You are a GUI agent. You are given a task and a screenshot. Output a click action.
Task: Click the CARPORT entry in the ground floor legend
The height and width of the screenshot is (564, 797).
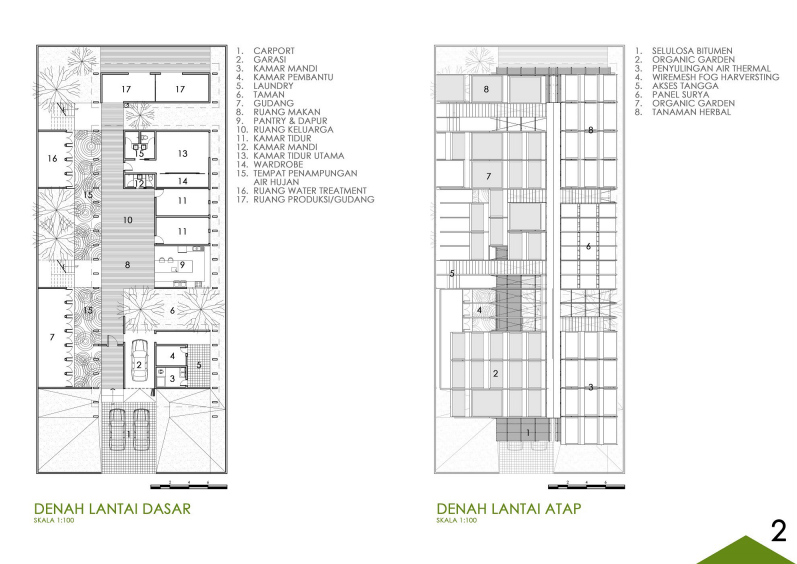(x=274, y=51)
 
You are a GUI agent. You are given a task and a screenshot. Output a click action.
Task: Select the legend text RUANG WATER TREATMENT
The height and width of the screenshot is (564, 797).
(x=310, y=191)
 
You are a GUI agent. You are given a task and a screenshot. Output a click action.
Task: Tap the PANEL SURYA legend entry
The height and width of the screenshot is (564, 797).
(x=681, y=95)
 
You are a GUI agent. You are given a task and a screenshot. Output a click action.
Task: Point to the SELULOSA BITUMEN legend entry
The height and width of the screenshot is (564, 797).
(x=692, y=51)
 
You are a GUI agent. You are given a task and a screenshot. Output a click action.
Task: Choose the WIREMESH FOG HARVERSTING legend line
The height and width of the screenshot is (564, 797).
(x=716, y=77)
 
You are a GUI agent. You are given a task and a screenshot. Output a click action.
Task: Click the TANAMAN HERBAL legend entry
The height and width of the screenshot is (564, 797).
(x=691, y=112)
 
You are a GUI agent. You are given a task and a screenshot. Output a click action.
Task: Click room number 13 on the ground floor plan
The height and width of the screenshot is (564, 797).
(x=183, y=153)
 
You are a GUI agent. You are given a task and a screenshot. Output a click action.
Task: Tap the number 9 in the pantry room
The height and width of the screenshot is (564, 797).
(x=182, y=265)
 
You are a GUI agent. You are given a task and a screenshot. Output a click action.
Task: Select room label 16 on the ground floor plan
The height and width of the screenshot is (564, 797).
(x=52, y=159)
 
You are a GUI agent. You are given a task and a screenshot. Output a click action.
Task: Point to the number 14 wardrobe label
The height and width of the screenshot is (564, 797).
(x=182, y=181)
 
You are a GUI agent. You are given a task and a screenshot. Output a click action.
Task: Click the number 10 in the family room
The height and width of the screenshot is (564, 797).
(x=128, y=220)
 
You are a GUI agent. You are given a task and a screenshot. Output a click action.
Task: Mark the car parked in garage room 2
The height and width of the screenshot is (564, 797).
(x=139, y=360)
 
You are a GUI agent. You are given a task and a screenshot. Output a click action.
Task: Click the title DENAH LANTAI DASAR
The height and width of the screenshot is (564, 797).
(x=112, y=509)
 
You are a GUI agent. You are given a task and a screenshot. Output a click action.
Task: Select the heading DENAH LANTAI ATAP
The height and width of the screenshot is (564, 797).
(x=509, y=509)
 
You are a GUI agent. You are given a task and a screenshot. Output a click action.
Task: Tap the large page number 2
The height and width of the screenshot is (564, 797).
(x=779, y=531)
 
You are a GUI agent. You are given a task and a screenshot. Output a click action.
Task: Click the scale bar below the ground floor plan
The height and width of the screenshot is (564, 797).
(x=189, y=487)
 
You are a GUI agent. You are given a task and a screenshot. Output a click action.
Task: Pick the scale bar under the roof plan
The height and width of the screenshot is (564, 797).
(x=586, y=487)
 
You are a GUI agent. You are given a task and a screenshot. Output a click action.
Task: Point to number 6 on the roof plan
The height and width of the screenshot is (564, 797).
(x=589, y=246)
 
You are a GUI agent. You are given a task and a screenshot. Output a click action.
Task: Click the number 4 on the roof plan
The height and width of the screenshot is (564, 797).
(x=479, y=310)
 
